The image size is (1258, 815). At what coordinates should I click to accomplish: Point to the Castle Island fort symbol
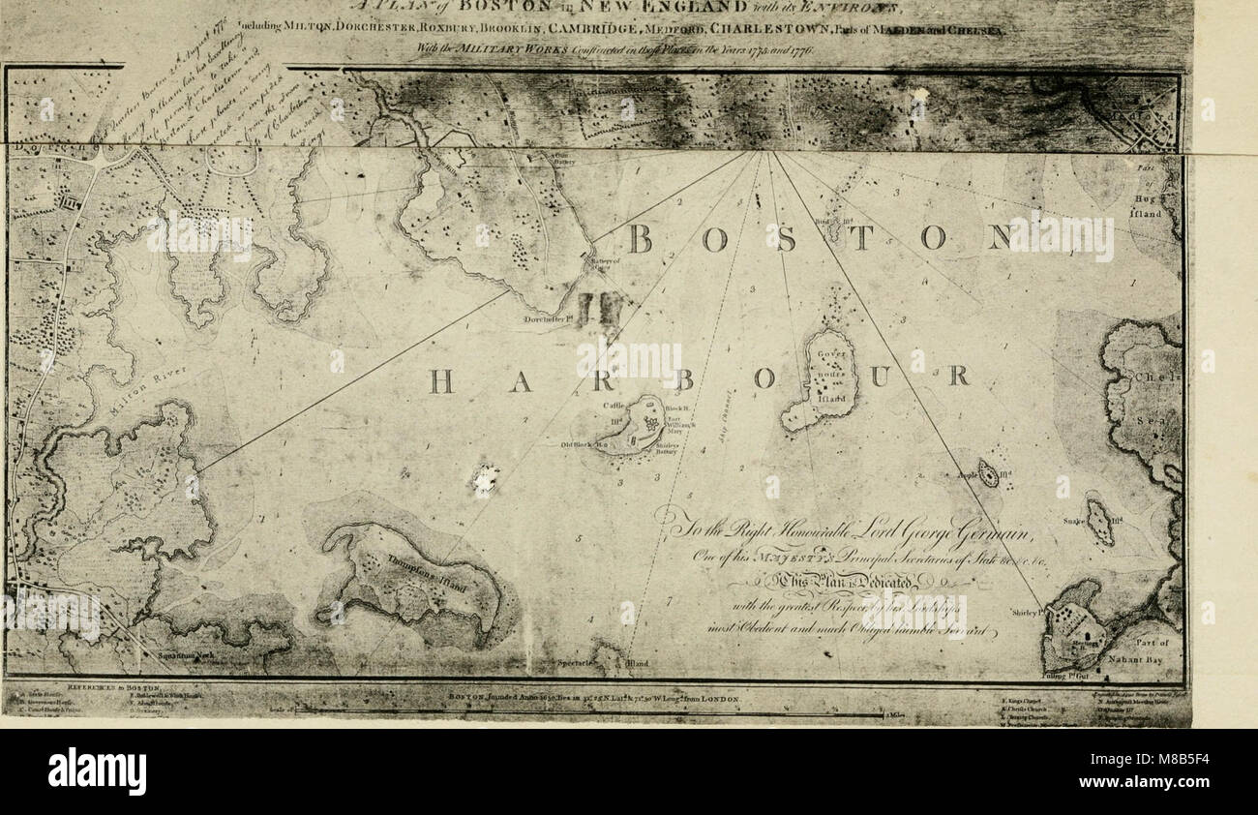[x=648, y=423]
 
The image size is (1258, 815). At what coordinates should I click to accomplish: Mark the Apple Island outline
[x=988, y=473]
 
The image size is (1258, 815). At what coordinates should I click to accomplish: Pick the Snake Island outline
[x=1099, y=522]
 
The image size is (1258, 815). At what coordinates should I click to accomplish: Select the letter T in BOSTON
[x=860, y=237]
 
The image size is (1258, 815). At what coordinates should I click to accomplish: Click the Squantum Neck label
[x=174, y=654]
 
